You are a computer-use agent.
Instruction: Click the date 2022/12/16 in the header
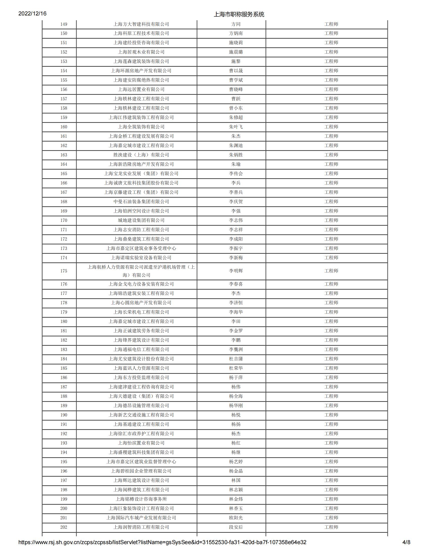tap(32, 13)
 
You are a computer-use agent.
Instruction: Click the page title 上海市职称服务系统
tap(239, 14)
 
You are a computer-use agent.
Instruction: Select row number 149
tap(64, 24)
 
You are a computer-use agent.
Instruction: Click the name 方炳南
tap(236, 33)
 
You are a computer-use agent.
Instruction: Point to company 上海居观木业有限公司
tap(141, 52)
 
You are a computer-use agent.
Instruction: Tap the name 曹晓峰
tap(236, 89)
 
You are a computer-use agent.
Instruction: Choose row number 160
tap(64, 127)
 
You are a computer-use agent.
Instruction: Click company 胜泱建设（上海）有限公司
tap(141, 155)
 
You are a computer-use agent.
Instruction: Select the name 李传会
tap(236, 174)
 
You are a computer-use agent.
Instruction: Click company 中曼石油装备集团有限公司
tap(141, 202)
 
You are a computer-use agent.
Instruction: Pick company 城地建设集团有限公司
tap(141, 220)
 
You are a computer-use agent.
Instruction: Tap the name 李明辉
tap(236, 271)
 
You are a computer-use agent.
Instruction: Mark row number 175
tap(64, 271)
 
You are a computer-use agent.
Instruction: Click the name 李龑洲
tap(236, 350)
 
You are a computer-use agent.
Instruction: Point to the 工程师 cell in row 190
tap(331, 415)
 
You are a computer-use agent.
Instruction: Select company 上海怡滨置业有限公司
tap(141, 443)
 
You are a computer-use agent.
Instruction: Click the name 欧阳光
tap(236, 518)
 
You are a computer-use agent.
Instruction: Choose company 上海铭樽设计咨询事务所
tap(141, 499)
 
